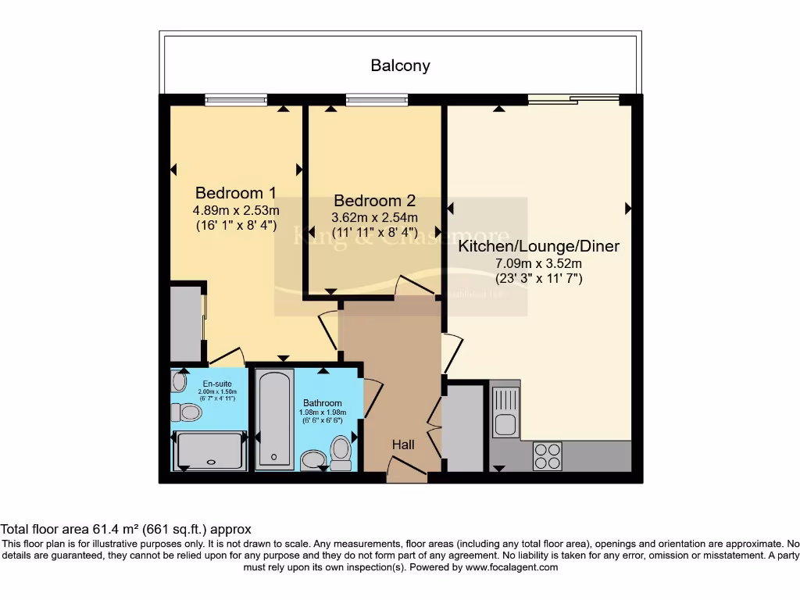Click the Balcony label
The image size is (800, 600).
pos(400,66)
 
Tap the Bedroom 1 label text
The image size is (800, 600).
pos(236,193)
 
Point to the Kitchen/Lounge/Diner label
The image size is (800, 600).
pos(538,246)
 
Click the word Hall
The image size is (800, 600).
pos(403,445)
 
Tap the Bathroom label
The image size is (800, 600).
pos(322,403)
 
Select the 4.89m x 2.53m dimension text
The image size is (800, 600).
pos(236,210)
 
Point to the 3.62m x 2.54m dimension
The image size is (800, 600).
pos(375,217)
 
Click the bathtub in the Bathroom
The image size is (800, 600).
pos(275,417)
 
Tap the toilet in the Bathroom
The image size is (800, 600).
pos(341,452)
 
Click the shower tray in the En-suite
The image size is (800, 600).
pos(210,450)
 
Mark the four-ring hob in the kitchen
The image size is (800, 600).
pos(547,455)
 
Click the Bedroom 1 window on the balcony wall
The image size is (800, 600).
pos(235,99)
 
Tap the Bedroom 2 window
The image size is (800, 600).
pos(377,99)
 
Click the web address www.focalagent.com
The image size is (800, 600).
pos(512,567)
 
